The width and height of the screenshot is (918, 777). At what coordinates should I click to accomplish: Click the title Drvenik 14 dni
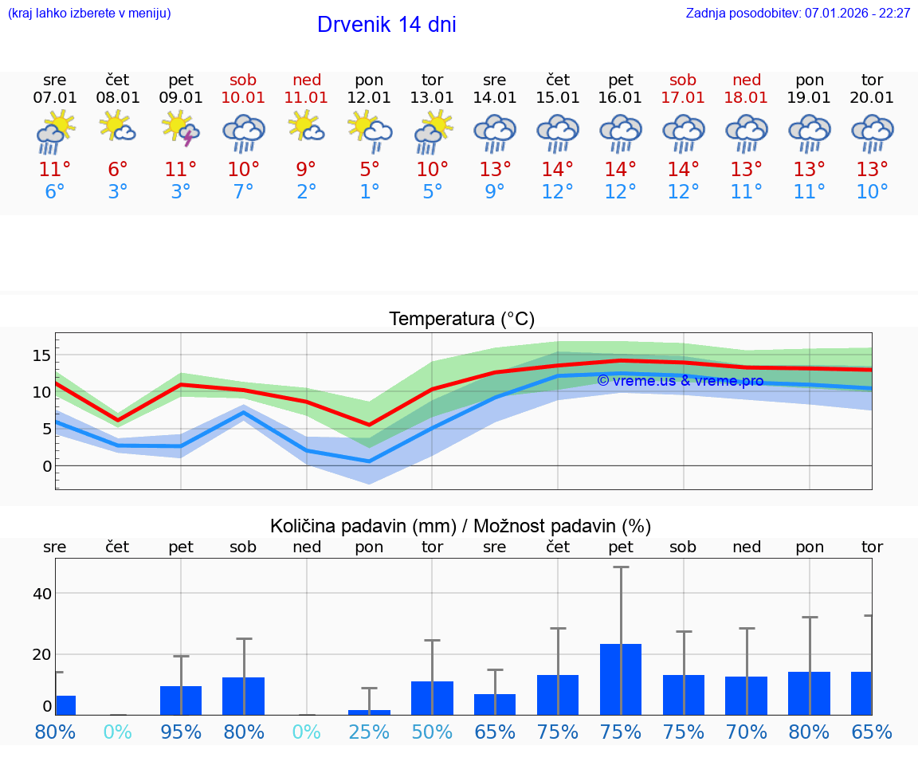coord(386,25)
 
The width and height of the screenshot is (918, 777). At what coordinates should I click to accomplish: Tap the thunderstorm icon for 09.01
coord(181,130)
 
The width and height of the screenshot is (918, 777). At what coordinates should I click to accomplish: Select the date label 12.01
coord(369,98)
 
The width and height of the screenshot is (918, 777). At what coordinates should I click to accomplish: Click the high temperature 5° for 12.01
coord(369,170)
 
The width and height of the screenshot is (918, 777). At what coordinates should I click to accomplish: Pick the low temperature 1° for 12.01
coord(369,192)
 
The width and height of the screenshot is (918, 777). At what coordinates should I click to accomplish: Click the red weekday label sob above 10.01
coord(244,80)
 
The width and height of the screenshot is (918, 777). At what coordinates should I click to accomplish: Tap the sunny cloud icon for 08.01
coord(118,128)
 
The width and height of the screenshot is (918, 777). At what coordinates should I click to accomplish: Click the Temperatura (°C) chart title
coord(461,320)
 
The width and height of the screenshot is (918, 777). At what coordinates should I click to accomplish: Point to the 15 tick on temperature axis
coord(41,355)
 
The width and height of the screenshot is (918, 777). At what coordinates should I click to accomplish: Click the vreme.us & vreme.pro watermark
coord(680,381)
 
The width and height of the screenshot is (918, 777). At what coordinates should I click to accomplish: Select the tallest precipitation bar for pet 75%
coord(621,679)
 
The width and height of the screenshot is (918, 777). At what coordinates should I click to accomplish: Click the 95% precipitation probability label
coord(181,732)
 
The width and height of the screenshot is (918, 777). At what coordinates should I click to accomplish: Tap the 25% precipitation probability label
coord(369,732)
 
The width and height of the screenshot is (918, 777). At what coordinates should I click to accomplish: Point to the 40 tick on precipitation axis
coord(41,594)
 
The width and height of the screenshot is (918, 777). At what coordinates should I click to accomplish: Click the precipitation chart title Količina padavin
coord(461,526)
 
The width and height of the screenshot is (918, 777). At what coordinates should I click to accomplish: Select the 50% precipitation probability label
coord(432,732)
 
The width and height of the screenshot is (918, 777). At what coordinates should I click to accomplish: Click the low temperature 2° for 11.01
coord(307,192)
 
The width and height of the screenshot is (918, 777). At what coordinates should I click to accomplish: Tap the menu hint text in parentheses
coord(89,14)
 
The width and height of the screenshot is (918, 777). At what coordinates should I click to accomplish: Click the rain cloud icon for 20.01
coord(872,133)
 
